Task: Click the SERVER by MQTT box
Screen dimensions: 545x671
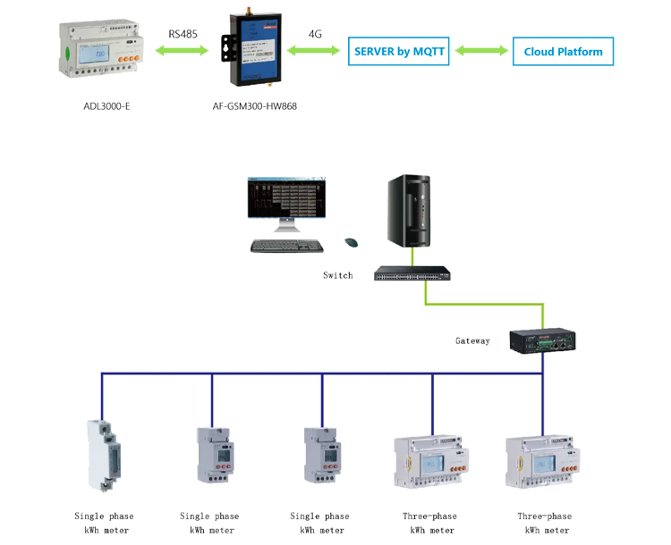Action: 399,52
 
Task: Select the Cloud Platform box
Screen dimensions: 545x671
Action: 563,52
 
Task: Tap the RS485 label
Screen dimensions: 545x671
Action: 184,34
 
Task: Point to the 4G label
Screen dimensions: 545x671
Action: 315,34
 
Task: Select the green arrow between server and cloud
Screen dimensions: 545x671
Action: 480,52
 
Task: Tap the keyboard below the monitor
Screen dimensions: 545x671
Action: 285,246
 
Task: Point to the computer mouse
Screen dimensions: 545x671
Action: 351,242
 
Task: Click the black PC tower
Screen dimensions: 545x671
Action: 412,211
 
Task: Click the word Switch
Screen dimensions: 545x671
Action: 337,275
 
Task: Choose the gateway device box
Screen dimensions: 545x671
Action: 542,340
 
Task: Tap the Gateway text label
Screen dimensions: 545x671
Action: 472,340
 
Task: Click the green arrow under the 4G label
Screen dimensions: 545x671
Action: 315,52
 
